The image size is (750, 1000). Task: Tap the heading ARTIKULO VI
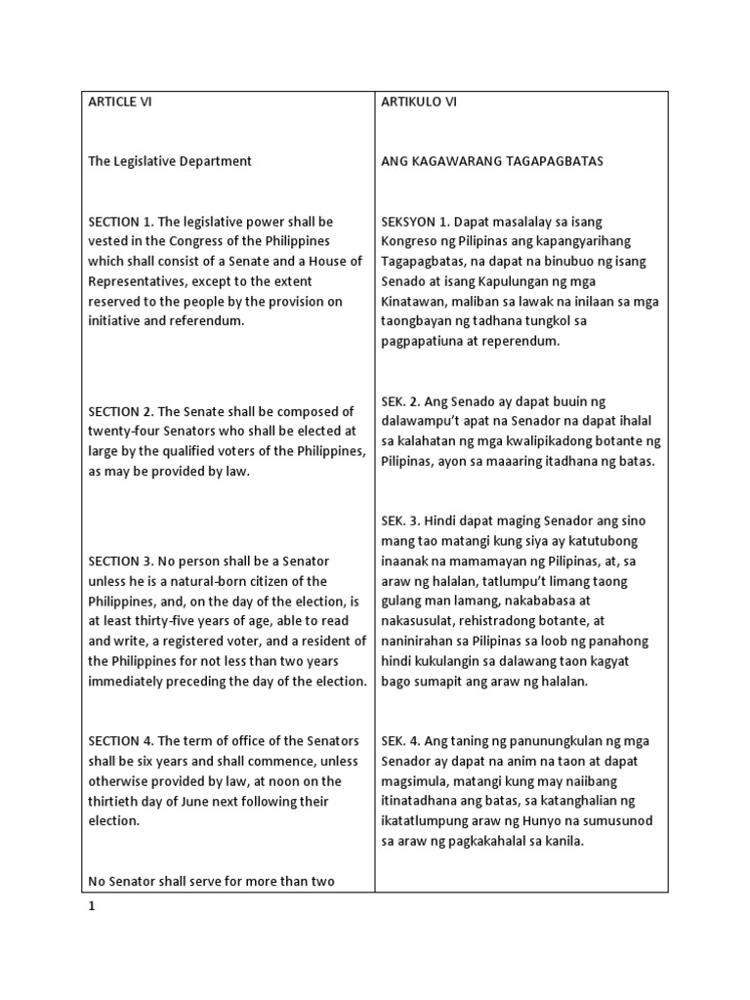tap(419, 102)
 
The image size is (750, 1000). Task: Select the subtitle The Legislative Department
tap(170, 161)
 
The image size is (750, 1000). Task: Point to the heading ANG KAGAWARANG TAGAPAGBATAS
tap(491, 161)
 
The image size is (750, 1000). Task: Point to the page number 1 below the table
tap(92, 905)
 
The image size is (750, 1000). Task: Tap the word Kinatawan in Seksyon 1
tap(415, 301)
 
